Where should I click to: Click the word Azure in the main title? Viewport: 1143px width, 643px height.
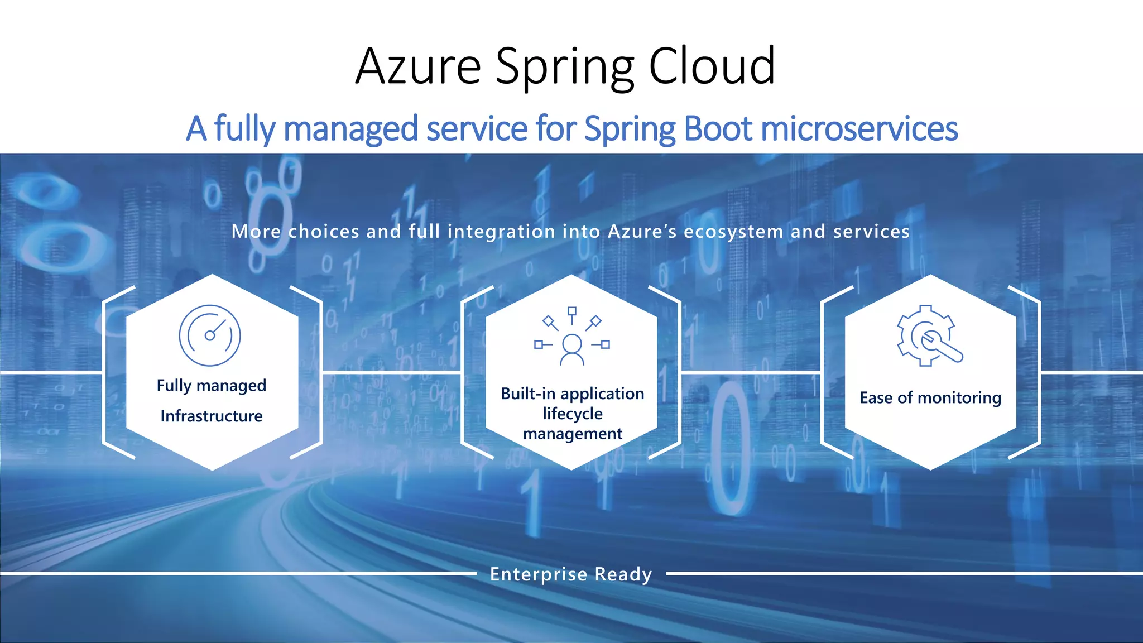coord(418,66)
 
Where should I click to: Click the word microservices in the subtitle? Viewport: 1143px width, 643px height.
coord(859,128)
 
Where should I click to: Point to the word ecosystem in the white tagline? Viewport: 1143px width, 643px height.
coord(733,232)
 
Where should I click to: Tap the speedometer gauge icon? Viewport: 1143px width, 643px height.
coord(210,335)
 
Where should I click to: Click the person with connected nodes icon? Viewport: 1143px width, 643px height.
coord(572,337)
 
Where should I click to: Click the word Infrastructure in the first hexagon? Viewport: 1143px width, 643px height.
coord(212,416)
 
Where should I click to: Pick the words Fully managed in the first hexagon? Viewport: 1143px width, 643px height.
coord(212,386)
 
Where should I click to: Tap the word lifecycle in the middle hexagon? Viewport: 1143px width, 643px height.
coord(573,414)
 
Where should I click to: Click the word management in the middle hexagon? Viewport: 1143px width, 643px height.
coord(573,434)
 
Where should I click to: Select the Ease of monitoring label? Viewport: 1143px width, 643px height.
coord(930,398)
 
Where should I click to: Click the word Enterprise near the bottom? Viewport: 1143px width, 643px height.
coord(539,574)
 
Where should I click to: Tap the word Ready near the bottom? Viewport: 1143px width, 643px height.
coord(623,574)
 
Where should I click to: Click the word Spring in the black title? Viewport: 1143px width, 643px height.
coord(564,66)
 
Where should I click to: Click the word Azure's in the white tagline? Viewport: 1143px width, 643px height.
coord(642,232)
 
